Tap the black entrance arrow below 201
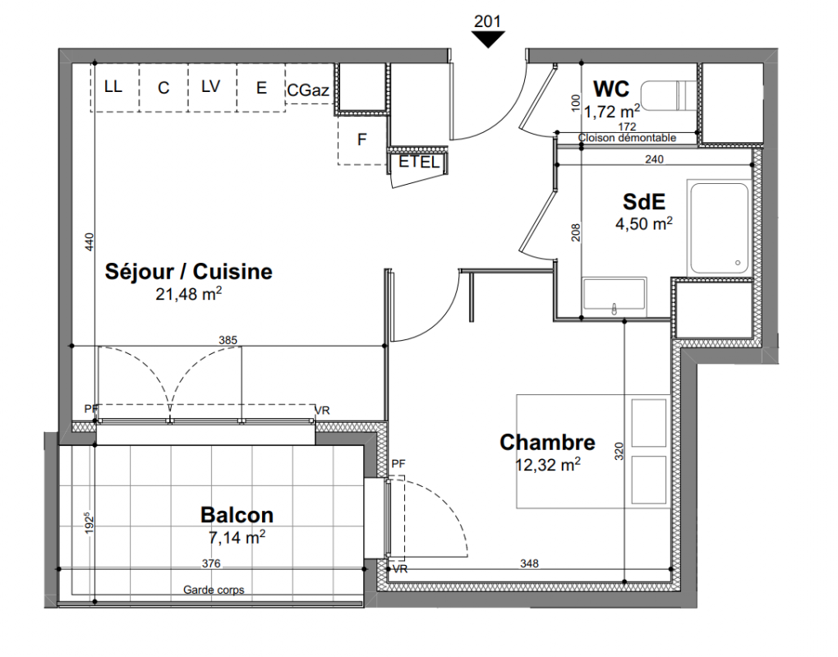point(487,39)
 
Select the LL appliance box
point(114,87)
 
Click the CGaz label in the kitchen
point(308,90)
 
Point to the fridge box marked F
point(362,140)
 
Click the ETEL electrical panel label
point(419,162)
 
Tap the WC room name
point(611,89)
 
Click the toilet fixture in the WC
point(669,96)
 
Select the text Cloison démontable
point(627,138)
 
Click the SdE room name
point(644,201)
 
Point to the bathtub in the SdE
point(720,228)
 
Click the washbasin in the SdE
point(615,294)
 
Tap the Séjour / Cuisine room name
point(189,271)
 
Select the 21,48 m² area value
point(189,293)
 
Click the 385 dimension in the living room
point(228,340)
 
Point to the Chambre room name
point(547,443)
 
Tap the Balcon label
point(237,515)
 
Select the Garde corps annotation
point(214,590)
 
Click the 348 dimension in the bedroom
point(529,563)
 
